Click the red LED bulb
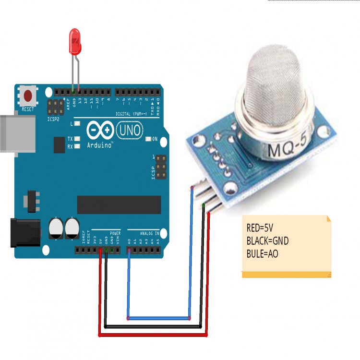pos(74,41)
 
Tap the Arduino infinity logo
pos(100,130)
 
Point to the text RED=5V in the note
pos(260,228)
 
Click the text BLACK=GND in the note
pos(267,241)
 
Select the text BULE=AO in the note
pos(262,254)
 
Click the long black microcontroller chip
pos(119,204)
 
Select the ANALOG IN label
pos(149,233)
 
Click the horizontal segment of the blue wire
pos(159,318)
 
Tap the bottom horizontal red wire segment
pos(154,335)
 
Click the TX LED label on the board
pos(70,138)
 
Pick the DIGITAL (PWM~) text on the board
pos(131,114)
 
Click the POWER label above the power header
pos(115,233)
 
